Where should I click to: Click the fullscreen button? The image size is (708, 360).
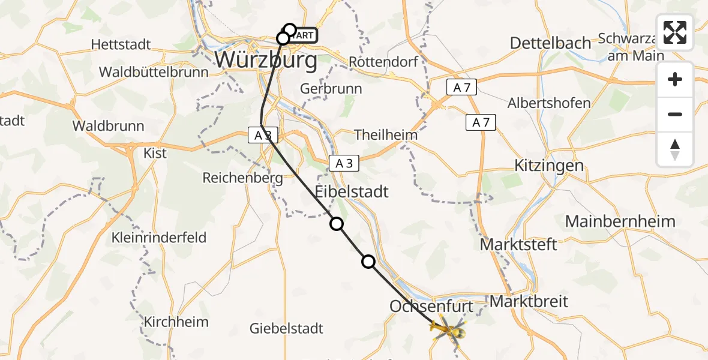[675, 32]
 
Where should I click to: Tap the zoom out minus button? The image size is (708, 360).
[675, 114]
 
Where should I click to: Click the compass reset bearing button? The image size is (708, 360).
[675, 149]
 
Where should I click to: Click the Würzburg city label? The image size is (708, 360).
[266, 60]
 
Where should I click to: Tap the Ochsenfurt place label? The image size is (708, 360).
[431, 307]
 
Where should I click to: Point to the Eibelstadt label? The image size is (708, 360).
[352, 192]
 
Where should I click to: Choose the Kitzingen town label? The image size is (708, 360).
[549, 166]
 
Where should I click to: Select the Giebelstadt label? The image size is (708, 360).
[287, 328]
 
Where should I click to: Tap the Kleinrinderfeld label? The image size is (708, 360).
[159, 238]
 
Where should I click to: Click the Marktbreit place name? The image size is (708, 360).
[529, 301]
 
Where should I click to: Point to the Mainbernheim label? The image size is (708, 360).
[620, 221]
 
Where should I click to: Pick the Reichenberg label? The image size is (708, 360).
[242, 178]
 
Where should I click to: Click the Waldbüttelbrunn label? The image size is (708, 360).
[154, 72]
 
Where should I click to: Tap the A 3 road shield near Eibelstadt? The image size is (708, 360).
[344, 163]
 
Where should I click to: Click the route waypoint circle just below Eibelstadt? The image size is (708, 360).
[337, 224]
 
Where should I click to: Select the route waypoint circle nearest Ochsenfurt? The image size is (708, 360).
[368, 261]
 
